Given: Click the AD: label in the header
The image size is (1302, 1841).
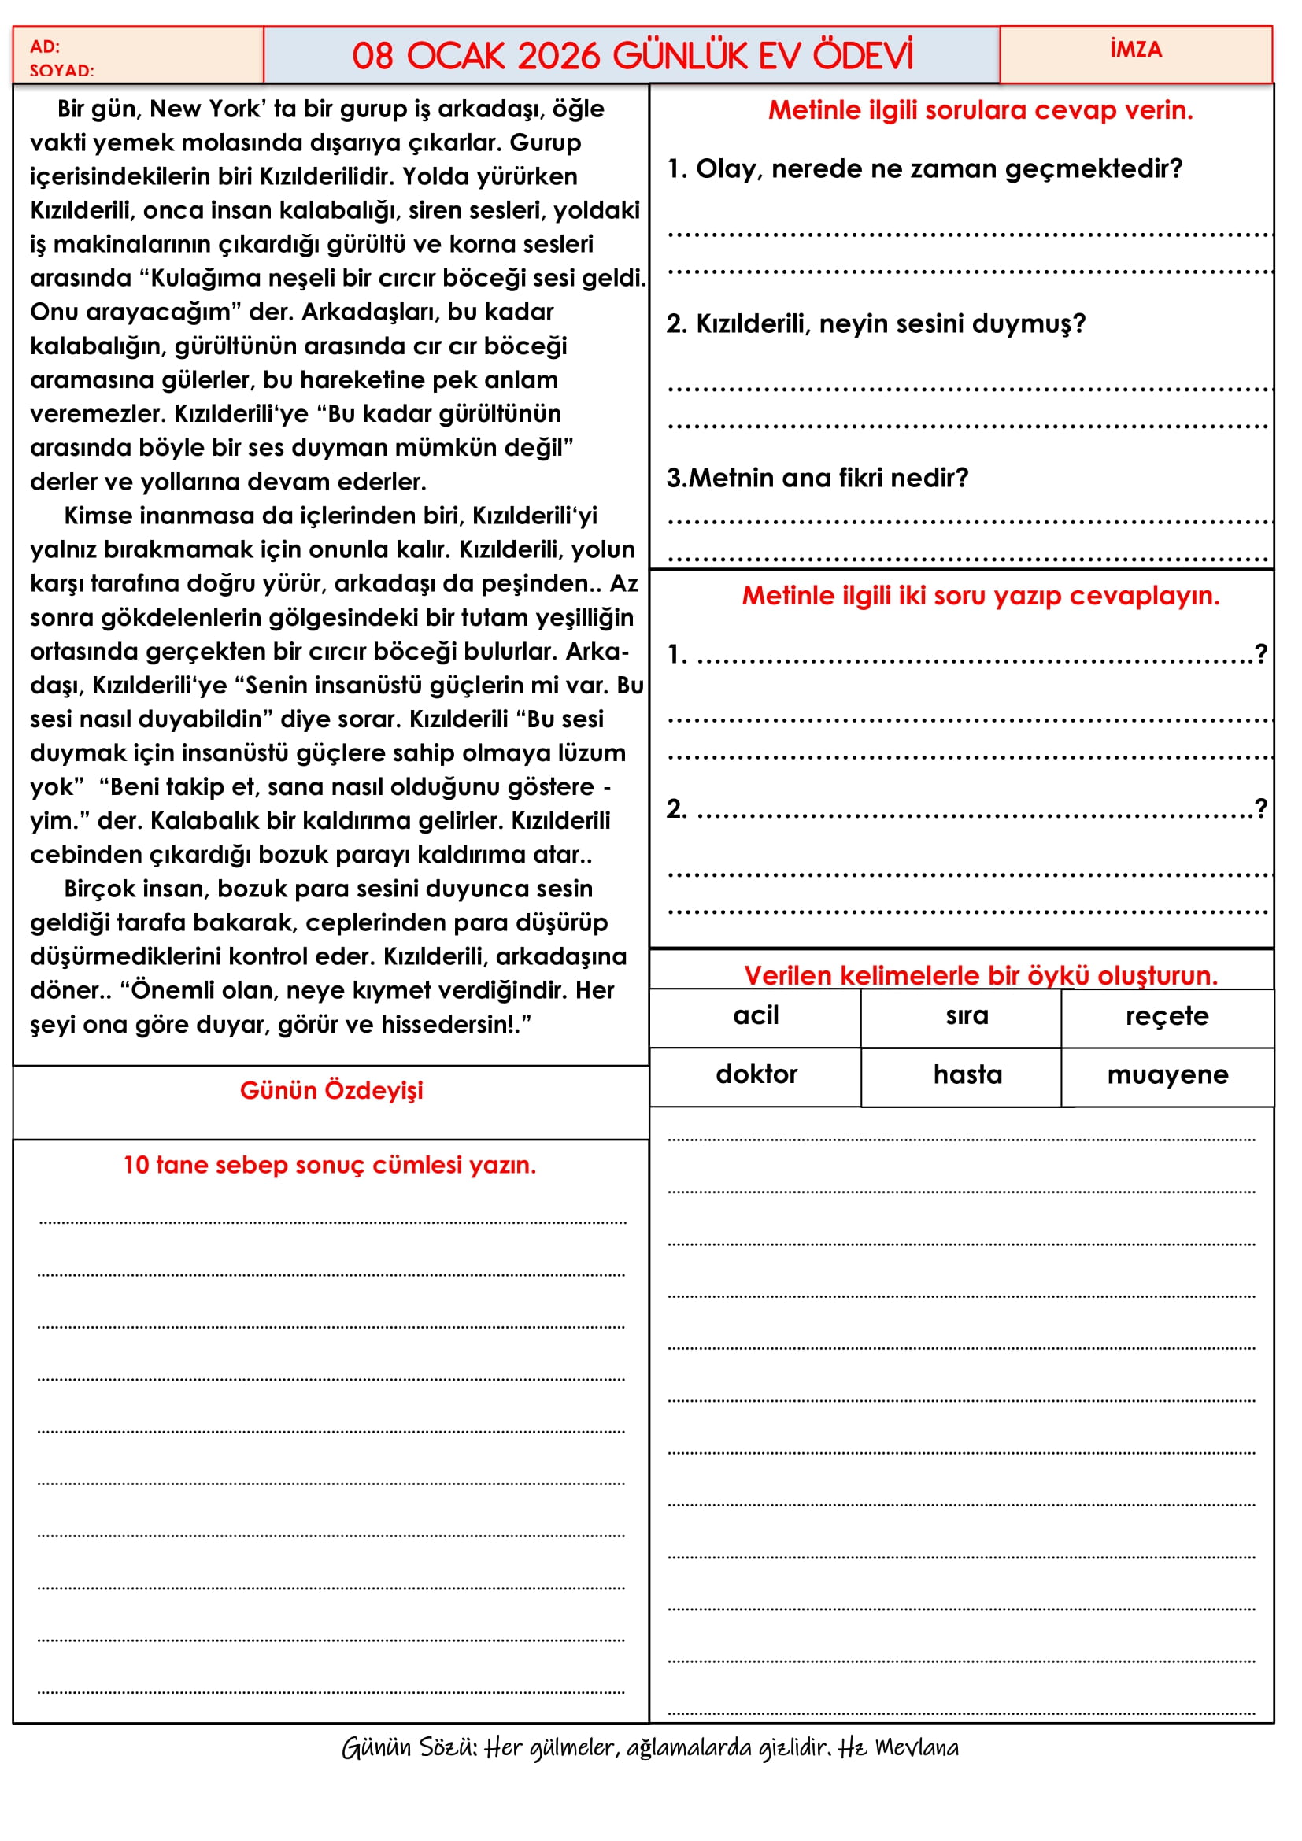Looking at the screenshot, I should point(45,46).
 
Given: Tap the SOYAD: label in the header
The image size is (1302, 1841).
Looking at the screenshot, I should point(61,70).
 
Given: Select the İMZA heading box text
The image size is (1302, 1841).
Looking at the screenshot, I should point(1135,50).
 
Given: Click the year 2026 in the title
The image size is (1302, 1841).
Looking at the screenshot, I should point(559,57).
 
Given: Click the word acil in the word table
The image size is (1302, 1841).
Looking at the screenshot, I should point(755,1015).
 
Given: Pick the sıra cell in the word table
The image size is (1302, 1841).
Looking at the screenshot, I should point(967,1015).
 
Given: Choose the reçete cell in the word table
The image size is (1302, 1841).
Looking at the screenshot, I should point(1167,1016).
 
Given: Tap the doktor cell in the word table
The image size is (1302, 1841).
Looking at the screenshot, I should point(756,1074).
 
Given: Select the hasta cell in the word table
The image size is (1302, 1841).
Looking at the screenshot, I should point(967,1074).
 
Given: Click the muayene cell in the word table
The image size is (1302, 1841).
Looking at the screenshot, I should point(1167,1074).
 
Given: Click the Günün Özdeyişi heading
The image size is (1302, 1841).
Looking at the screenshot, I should point(331,1090).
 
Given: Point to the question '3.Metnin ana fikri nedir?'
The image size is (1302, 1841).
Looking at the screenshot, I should point(817,478).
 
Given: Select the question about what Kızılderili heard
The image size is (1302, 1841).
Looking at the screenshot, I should point(875,324).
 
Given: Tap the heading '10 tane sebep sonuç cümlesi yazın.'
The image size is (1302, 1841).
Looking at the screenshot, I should point(330,1164).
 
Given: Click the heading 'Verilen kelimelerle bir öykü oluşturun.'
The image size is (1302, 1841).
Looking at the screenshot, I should point(981,975).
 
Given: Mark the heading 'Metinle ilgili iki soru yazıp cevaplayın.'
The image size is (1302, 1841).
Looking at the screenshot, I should point(981,596).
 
